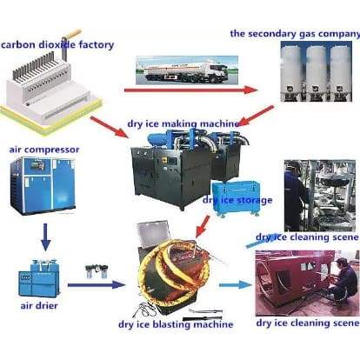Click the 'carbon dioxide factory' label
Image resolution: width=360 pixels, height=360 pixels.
pyautogui.click(x=57, y=45)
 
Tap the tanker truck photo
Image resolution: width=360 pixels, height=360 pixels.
pyautogui.click(x=187, y=70)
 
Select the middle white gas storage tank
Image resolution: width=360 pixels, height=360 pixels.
pyautogui.click(x=317, y=72)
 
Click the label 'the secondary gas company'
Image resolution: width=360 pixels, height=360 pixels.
pyautogui.click(x=295, y=34)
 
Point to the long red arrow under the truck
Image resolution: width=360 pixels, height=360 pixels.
pyautogui.click(x=190, y=90)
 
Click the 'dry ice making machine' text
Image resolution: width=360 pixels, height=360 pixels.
pyautogui.click(x=183, y=123)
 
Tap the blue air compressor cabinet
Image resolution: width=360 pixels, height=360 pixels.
pyautogui.click(x=43, y=186)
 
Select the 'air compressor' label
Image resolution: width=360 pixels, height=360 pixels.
pyautogui.click(x=44, y=150)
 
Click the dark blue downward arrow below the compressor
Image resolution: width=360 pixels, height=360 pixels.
pyautogui.click(x=45, y=237)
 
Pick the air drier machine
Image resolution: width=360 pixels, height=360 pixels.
pyautogui.click(x=39, y=277)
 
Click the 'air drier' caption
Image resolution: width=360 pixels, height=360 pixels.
pyautogui.click(x=39, y=305)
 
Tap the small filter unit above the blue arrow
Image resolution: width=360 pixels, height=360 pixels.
pyautogui.click(x=97, y=271)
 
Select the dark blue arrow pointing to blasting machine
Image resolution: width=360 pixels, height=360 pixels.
pyautogui.click(x=97, y=285)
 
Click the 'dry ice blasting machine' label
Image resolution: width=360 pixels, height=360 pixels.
pyautogui.click(x=176, y=324)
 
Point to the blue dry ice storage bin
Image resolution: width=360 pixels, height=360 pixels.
pyautogui.click(x=235, y=199)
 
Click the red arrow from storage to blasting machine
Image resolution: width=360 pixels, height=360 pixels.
pyautogui.click(x=203, y=226)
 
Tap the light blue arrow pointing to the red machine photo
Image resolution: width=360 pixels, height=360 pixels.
pyautogui.click(x=236, y=285)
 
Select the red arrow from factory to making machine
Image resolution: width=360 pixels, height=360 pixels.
pyautogui.click(x=109, y=127)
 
